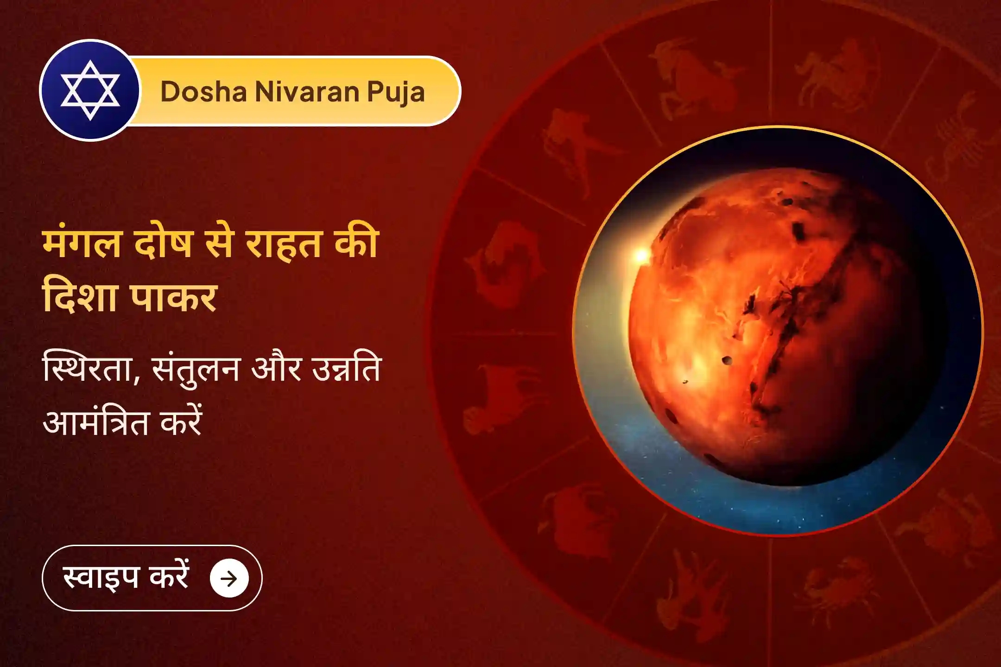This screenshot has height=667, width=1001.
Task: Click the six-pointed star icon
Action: [90, 90]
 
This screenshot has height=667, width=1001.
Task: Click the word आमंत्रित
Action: [95, 422]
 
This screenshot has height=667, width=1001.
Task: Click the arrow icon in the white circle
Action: [229, 578]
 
